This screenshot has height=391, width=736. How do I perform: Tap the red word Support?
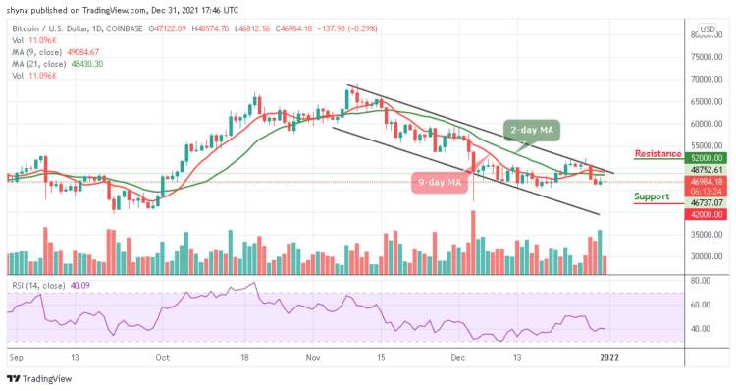tap(652, 195)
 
